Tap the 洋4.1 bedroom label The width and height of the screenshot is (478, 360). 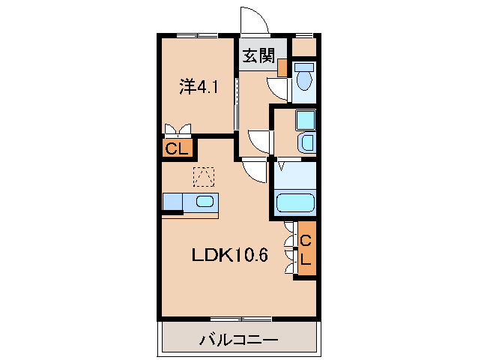[198, 88]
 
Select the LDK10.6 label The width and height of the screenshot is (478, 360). [229, 255]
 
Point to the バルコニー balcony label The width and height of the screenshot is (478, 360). [239, 340]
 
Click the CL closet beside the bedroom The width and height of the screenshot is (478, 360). [177, 148]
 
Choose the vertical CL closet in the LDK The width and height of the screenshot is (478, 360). [306, 249]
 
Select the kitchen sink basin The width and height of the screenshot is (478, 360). [204, 201]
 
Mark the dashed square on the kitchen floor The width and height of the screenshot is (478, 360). [203, 176]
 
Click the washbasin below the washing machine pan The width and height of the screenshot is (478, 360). [306, 142]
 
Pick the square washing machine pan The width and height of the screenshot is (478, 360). [306, 120]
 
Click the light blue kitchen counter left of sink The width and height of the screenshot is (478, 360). [172, 201]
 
